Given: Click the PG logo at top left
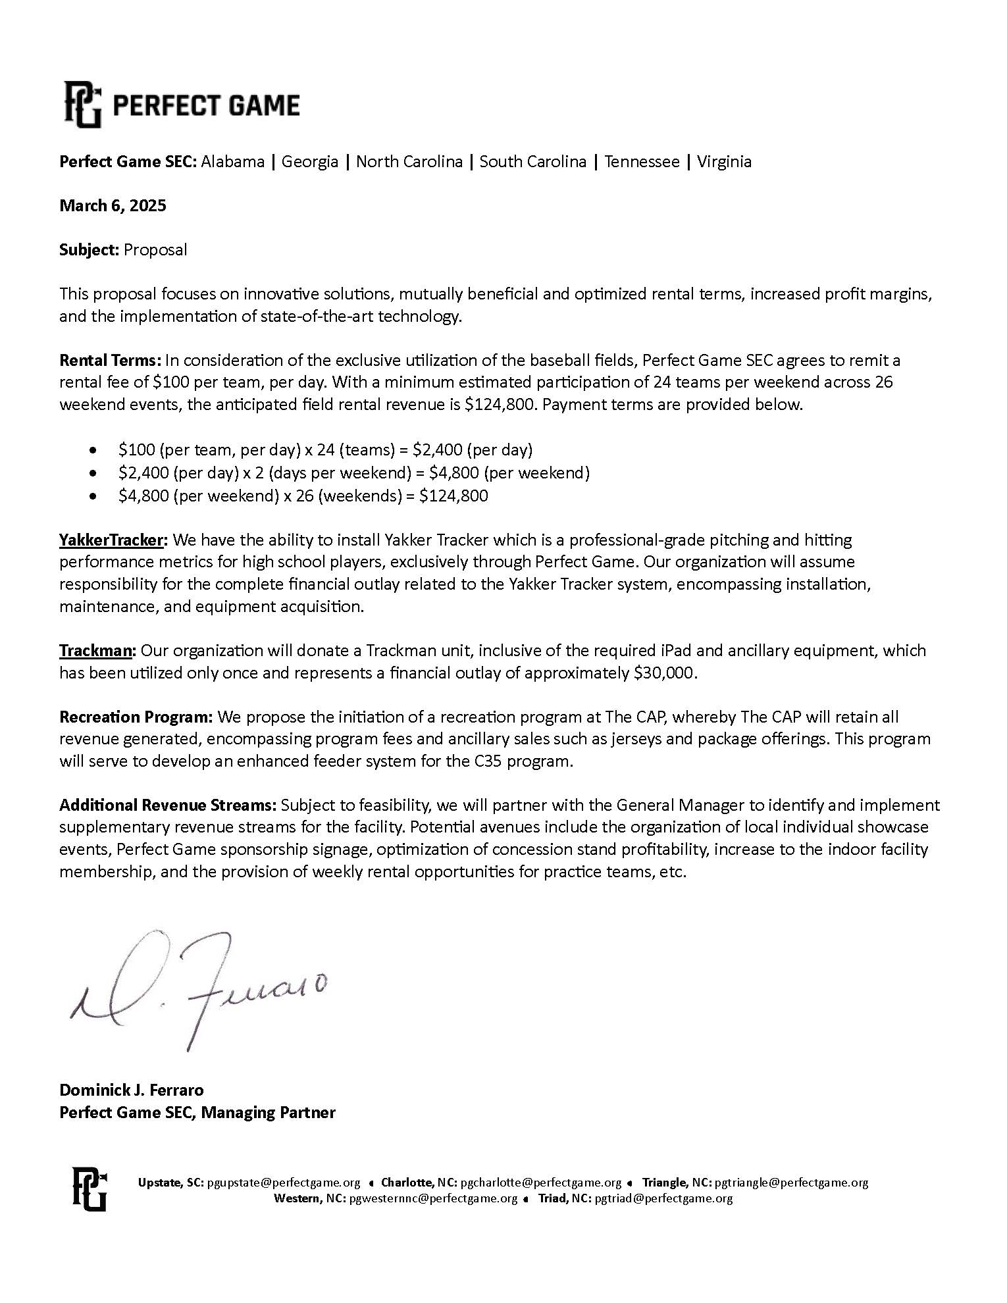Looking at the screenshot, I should tap(83, 105).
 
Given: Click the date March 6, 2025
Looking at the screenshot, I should tap(113, 205).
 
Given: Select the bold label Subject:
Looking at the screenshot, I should tap(90, 249).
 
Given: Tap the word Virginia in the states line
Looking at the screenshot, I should tap(724, 161).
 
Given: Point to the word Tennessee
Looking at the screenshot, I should tap(642, 161).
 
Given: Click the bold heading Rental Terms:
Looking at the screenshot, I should tap(110, 360).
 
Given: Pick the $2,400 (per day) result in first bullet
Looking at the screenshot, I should tap(472, 449).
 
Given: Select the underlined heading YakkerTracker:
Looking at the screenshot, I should tap(114, 540).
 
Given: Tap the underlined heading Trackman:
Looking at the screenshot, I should tap(97, 650).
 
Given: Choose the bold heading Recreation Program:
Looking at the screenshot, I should tap(136, 717).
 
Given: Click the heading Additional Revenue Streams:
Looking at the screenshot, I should tap(168, 805).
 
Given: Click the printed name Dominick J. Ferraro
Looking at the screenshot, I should tap(132, 1089).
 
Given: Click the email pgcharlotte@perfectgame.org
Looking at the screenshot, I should tap(540, 1182).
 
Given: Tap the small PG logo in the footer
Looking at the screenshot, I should tap(89, 1189).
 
